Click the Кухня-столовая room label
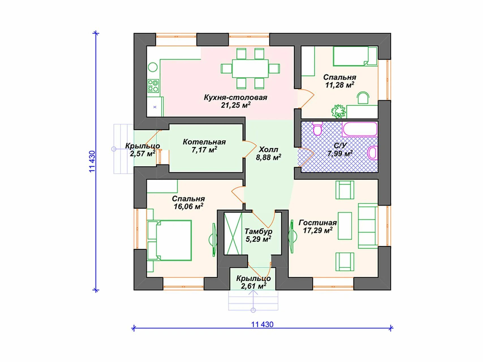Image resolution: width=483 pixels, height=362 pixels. (x=235, y=98)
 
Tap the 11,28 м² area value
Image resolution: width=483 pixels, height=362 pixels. (x=340, y=85)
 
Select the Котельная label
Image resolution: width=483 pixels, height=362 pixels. (x=204, y=142)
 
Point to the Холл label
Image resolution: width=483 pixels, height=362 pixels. (x=268, y=149)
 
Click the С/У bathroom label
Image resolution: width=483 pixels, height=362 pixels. (x=340, y=146)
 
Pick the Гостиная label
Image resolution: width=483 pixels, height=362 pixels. (x=317, y=223)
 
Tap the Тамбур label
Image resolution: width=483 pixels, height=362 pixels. (x=258, y=231)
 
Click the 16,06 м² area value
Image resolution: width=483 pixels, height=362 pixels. (x=188, y=206)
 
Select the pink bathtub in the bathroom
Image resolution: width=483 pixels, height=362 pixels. (x=360, y=129)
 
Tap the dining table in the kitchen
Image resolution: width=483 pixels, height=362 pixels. (x=250, y=68)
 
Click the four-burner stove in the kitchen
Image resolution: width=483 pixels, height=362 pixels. (x=153, y=86)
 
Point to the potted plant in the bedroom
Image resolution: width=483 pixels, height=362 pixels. (x=339, y=111)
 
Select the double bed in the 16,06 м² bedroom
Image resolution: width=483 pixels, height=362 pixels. (x=169, y=240)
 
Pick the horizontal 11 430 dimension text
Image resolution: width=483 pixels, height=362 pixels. (x=262, y=324)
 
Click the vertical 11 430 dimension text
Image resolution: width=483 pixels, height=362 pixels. (x=92, y=161)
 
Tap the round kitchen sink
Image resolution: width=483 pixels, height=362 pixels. (x=153, y=67)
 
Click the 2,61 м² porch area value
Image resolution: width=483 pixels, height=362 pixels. (x=254, y=286)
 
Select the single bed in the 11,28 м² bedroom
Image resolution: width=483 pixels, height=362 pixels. (x=355, y=56)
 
